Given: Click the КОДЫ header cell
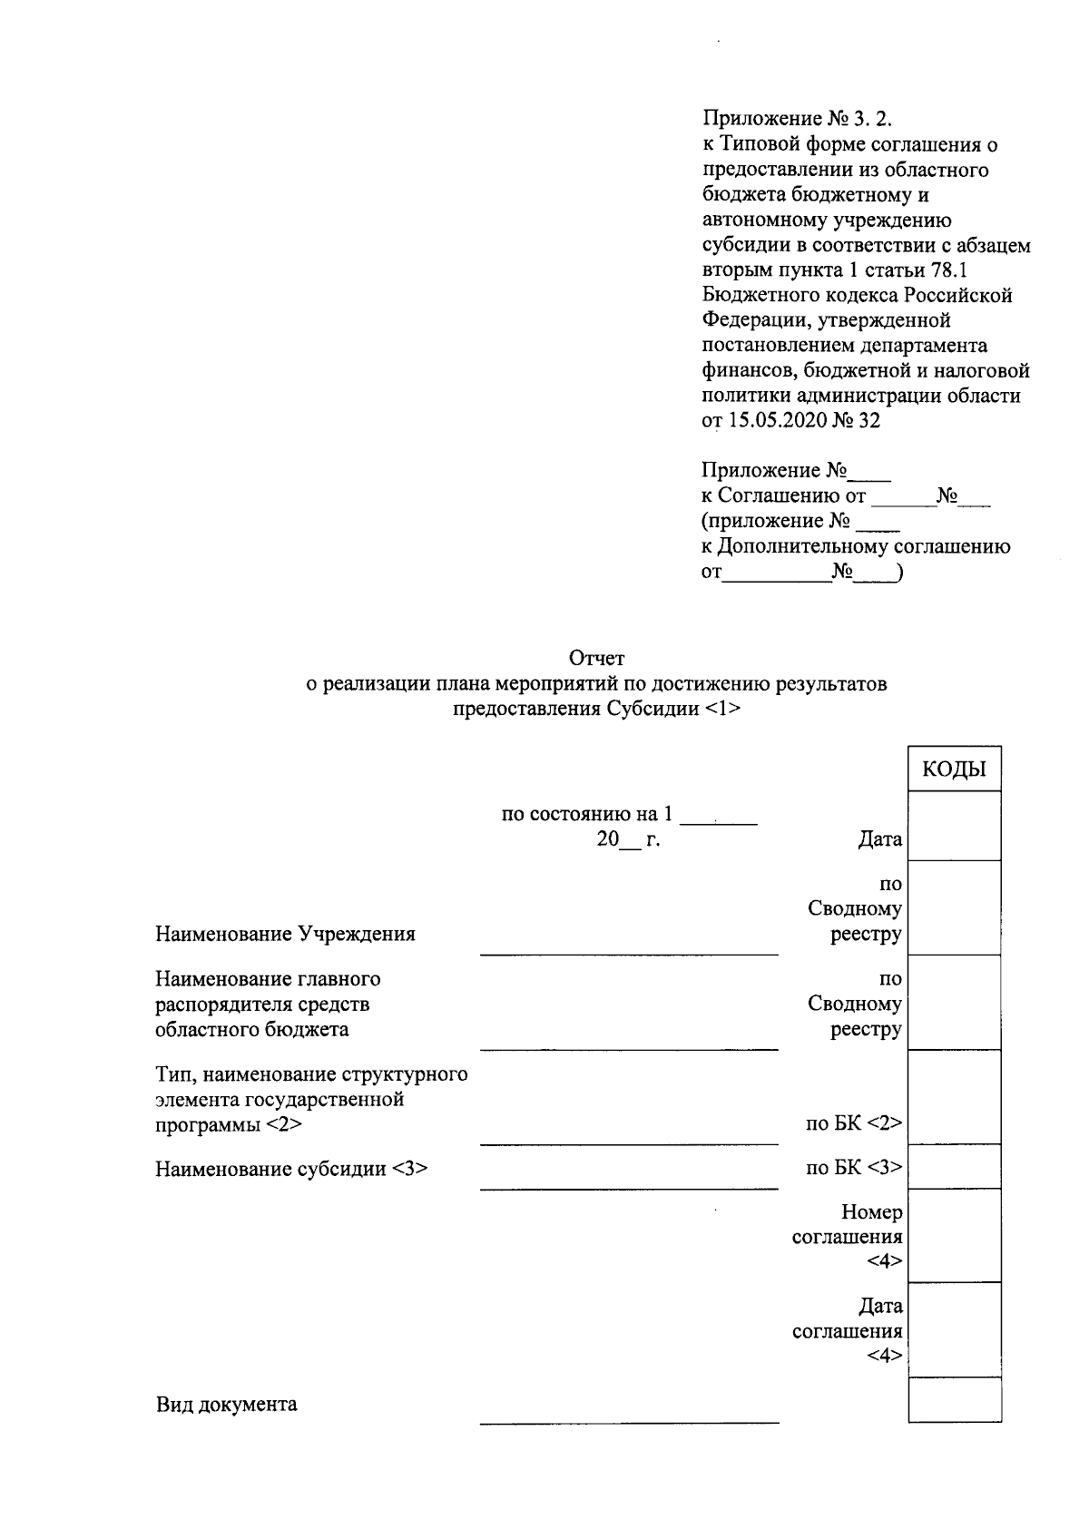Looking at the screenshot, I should [x=954, y=770].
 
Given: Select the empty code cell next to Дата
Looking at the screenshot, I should [x=954, y=827].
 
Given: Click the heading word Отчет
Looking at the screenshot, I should [x=596, y=658].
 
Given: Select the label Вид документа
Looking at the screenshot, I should [x=226, y=1405].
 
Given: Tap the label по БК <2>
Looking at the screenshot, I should [x=854, y=1124].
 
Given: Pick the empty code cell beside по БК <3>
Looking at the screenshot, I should [x=954, y=1167].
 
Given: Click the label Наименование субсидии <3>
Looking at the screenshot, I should [x=290, y=1169].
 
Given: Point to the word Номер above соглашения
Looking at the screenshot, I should [x=871, y=1212].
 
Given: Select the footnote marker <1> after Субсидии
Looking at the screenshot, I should [x=722, y=710].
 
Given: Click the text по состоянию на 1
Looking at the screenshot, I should [x=588, y=814].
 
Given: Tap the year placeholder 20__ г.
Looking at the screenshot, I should [x=628, y=839].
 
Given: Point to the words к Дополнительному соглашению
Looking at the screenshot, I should [x=856, y=547].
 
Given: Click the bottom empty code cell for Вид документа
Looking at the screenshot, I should [x=954, y=1399].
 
